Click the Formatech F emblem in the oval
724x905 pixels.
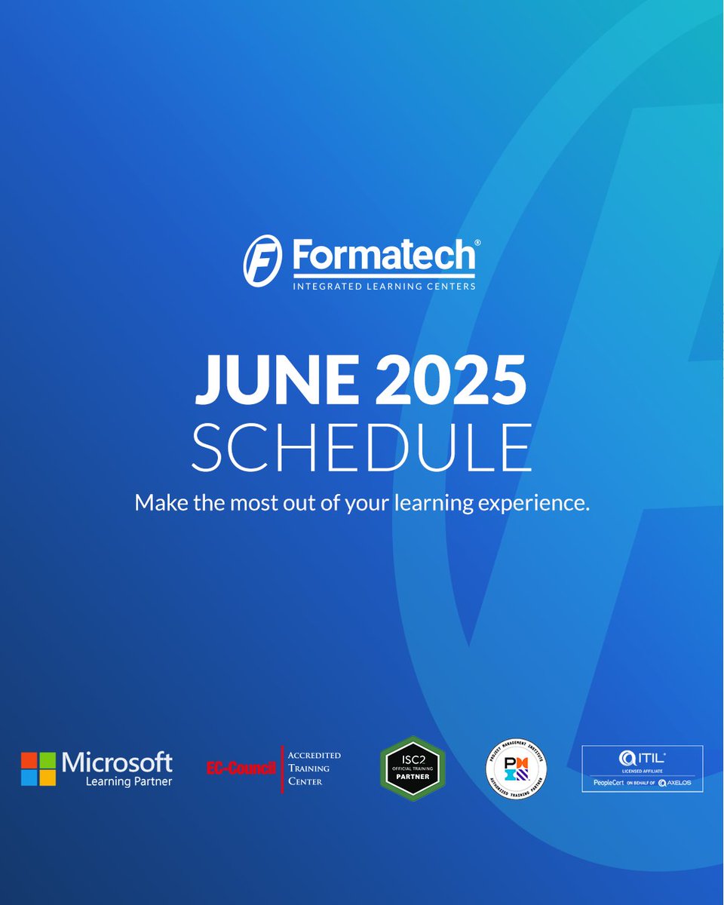click(262, 260)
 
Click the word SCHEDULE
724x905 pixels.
click(361, 449)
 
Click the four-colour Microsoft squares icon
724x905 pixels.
click(38, 768)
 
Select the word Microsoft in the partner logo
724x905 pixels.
click(118, 762)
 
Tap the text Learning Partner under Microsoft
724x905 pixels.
click(129, 782)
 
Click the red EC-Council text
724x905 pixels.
click(241, 768)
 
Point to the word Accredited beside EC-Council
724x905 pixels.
click(314, 755)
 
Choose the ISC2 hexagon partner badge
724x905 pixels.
click(412, 768)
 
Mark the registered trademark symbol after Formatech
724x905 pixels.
click(476, 244)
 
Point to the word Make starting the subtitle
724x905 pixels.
click(157, 502)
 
